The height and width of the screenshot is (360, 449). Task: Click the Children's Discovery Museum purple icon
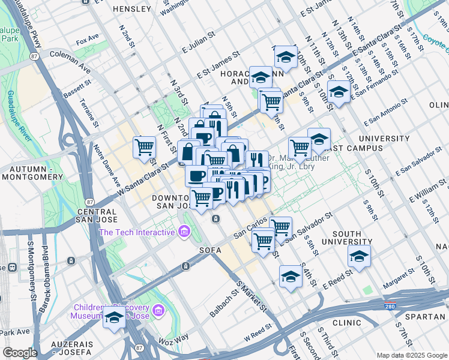click(158, 310)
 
